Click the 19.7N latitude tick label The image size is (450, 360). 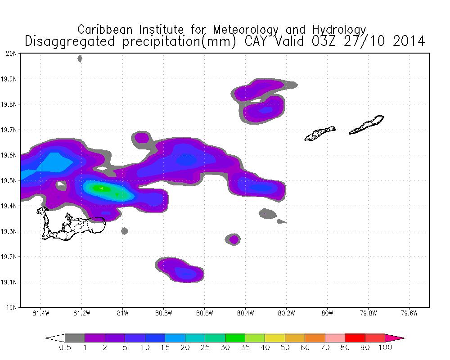tap(10, 130)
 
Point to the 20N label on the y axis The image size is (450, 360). tap(12, 54)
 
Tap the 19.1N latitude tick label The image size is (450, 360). tap(10, 283)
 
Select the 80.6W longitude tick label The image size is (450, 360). tap(204, 314)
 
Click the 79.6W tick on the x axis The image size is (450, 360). tap(409, 314)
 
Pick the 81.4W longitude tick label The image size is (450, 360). tap(40, 314)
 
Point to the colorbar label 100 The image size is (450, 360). tap(385, 347)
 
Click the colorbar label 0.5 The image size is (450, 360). tap(65, 347)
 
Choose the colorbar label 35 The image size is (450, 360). tap(245, 347)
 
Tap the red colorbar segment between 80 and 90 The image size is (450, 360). tap(355, 337)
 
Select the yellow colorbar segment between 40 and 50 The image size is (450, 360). tap(274, 337)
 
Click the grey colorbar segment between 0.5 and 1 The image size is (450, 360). tap(75, 337)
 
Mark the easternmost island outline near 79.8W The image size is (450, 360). tap(366, 125)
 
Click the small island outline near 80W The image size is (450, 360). tap(320, 133)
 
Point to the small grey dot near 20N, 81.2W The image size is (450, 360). tap(80, 58)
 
